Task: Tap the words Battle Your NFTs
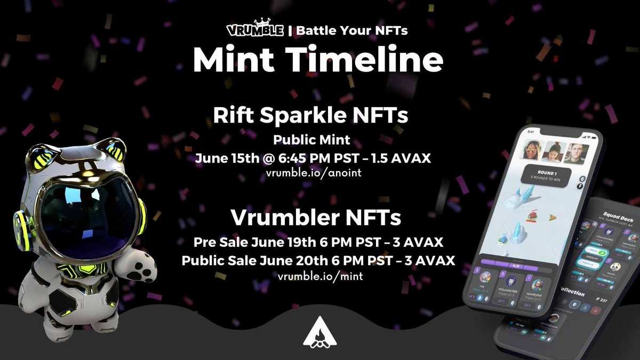point(351,30)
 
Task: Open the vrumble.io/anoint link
point(318,174)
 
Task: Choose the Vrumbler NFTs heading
point(316,218)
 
